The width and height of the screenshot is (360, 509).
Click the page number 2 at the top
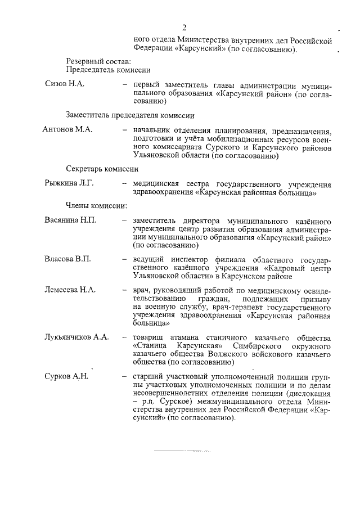coord(183,28)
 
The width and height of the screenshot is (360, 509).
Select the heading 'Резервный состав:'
coord(98,61)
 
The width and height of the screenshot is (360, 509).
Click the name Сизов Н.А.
coord(65,83)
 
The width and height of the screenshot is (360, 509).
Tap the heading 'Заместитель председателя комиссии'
coord(130,115)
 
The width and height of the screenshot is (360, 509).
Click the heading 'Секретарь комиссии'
coord(102,169)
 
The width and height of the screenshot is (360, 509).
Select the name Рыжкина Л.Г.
coord(69,183)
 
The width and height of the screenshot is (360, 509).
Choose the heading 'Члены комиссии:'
coord(96,206)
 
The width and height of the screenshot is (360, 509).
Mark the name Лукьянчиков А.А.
coord(76,337)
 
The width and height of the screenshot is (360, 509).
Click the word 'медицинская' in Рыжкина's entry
coord(156,183)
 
